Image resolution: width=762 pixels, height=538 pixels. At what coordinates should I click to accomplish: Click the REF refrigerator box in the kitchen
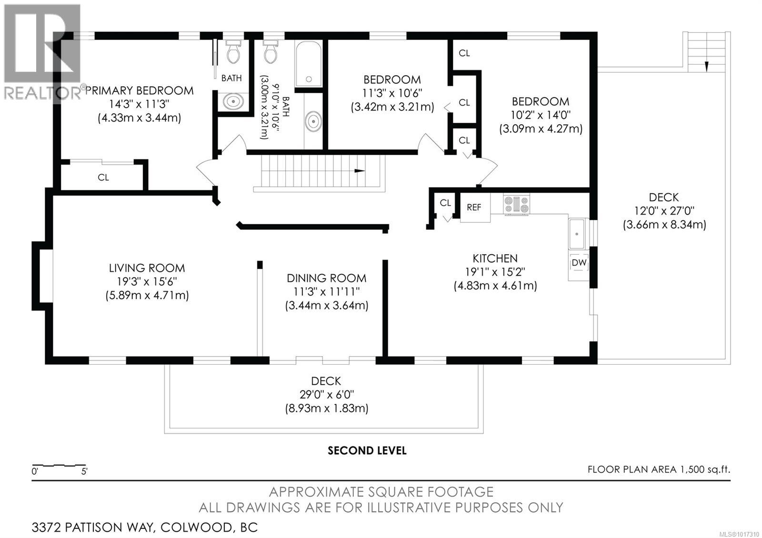(x=474, y=208)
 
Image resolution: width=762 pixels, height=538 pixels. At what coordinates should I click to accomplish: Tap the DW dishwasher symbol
(x=579, y=263)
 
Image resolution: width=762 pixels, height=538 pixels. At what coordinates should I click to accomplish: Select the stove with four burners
(x=516, y=205)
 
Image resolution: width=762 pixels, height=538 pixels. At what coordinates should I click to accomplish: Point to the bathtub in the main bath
(x=308, y=64)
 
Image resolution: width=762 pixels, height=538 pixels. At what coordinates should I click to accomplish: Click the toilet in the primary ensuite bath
(x=233, y=53)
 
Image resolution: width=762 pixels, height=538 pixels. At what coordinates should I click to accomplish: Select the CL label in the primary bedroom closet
(x=103, y=177)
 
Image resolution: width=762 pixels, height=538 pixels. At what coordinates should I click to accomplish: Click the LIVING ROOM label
(x=147, y=268)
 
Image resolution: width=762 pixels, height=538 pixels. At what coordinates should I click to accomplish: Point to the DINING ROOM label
(x=326, y=278)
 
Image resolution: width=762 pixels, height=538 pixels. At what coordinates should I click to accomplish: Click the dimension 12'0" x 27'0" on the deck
(x=664, y=210)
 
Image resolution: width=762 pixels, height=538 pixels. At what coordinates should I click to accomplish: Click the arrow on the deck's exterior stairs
(x=706, y=66)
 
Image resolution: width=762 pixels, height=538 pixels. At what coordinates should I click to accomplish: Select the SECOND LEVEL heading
(x=367, y=450)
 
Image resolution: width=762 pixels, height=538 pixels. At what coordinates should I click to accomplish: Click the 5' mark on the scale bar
(x=84, y=472)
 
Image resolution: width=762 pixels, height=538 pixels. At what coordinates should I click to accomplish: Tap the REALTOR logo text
(x=42, y=93)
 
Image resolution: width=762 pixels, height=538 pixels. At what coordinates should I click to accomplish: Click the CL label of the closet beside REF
(x=445, y=203)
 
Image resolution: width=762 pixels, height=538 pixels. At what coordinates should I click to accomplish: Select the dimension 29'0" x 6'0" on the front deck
(x=326, y=394)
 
